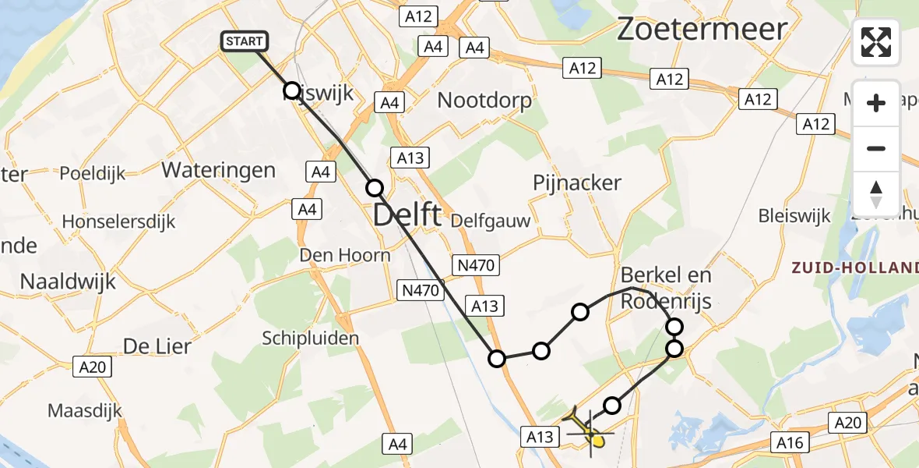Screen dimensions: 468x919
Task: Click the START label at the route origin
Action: (245, 41)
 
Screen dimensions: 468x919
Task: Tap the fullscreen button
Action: (876, 42)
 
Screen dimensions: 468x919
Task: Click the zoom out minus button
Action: (876, 148)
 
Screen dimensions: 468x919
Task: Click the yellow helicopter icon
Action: (586, 431)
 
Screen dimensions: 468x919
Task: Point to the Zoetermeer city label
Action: (702, 30)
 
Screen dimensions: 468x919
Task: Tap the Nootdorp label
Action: (484, 100)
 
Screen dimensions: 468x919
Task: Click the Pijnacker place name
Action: (577, 183)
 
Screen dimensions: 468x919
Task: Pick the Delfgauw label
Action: (491, 221)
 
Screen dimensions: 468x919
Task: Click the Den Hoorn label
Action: (345, 255)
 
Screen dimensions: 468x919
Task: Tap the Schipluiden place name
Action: (311, 338)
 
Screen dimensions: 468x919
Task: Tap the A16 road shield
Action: (790, 443)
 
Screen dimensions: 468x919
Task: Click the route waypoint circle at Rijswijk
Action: (292, 90)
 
